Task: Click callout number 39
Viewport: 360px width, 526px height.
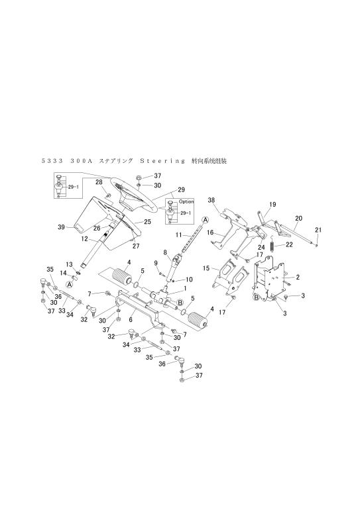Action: coord(61,227)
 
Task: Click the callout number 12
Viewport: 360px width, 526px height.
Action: coord(84,239)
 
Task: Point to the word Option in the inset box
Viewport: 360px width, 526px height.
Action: coord(186,201)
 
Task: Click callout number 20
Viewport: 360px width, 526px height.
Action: coord(298,219)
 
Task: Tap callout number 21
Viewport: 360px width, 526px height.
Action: coord(318,230)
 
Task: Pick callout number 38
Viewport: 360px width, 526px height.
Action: coord(211,200)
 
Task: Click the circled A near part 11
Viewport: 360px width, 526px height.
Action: coord(205,219)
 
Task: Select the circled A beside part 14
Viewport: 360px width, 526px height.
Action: coord(70,284)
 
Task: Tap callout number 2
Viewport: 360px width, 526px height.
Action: coord(298,278)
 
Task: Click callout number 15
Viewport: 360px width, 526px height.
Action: coord(206,268)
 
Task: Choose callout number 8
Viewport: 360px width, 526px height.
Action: coord(165,252)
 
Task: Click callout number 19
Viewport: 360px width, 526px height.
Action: coord(272,204)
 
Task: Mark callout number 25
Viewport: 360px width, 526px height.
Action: coord(147,221)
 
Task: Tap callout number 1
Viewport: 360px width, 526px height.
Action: coord(185,288)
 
